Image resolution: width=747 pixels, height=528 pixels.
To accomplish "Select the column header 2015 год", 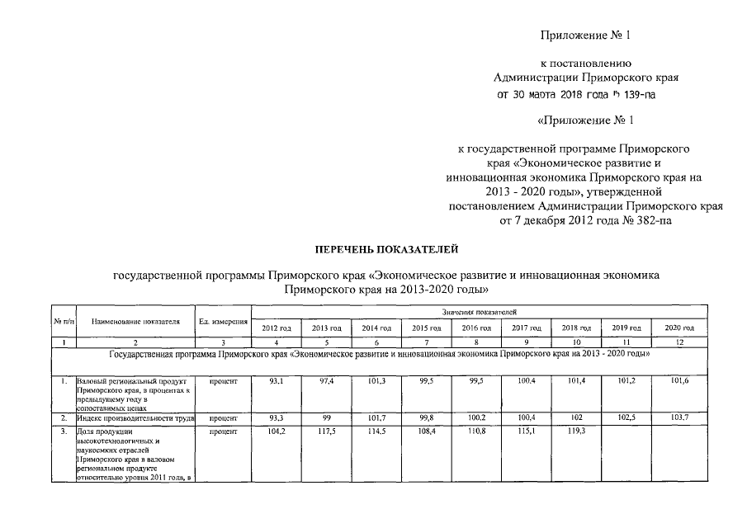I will point(425,328).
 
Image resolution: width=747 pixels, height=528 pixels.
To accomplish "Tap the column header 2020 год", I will point(679,328).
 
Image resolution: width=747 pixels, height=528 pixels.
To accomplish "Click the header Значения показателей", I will point(479,313).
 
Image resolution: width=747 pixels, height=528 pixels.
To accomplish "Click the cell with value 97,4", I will point(325,382).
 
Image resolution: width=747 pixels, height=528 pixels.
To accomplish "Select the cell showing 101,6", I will point(679,382).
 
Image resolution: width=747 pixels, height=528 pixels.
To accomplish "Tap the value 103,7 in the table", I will point(679,418).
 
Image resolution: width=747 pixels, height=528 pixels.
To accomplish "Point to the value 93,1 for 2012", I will point(275,382).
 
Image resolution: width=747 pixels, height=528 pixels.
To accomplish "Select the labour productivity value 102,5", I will point(629,418).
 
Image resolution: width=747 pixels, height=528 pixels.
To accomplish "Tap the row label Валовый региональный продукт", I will point(132,382).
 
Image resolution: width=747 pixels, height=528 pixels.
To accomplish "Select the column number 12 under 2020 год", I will point(679,342).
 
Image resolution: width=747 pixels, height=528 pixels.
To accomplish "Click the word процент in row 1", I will point(223,382).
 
